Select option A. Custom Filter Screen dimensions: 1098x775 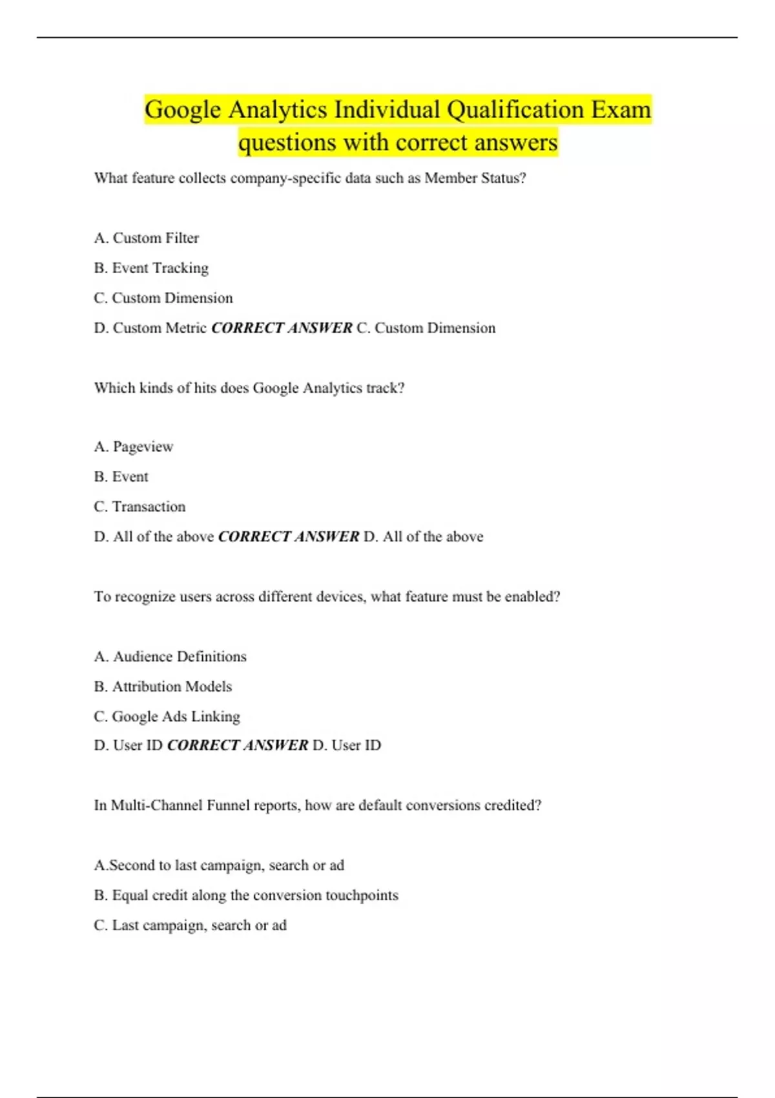point(147,238)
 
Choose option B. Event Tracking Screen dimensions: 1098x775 point(151,268)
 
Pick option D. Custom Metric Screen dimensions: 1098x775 point(150,328)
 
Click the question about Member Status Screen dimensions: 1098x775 point(310,178)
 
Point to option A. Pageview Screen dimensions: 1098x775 point(134,447)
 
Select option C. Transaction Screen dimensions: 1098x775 point(139,507)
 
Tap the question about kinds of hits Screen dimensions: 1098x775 point(249,388)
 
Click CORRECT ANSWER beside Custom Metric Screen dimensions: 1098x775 point(282,328)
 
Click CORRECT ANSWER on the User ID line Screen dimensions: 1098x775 point(238,745)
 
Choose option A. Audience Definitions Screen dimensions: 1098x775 point(170,657)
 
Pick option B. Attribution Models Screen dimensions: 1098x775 point(163,687)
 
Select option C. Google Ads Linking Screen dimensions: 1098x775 point(167,717)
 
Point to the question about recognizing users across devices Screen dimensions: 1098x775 point(327,597)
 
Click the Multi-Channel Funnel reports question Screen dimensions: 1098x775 point(318,805)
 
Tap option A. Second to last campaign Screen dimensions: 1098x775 point(219,865)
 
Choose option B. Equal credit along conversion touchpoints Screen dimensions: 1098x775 point(246,896)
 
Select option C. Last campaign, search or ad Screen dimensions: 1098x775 point(191,926)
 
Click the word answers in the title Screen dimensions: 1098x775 point(515,143)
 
